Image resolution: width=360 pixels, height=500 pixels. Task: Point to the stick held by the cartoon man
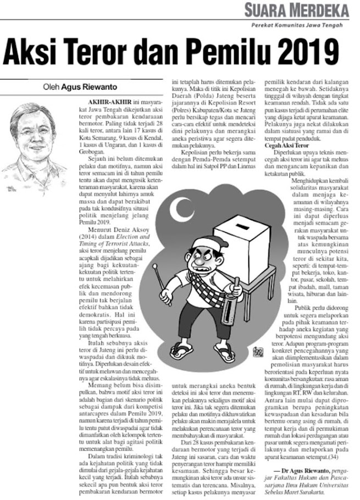coord(162,285)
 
